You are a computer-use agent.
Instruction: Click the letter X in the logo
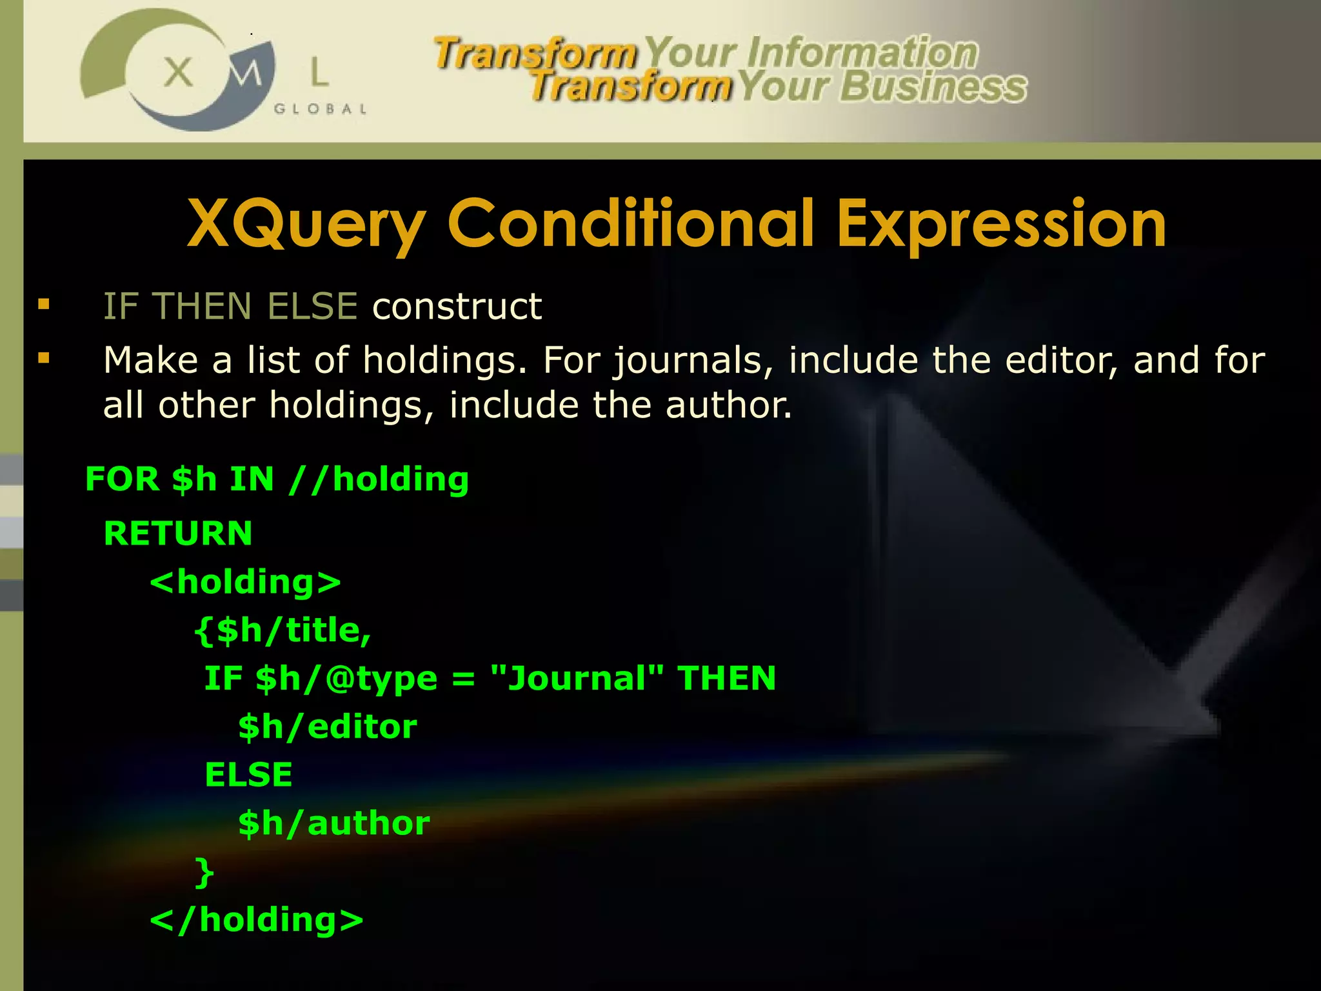pyautogui.click(x=178, y=72)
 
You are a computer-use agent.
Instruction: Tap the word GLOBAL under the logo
pyautogui.click(x=320, y=109)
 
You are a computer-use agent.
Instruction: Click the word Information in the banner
pyautogui.click(x=862, y=53)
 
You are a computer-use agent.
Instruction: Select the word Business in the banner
pyautogui.click(x=933, y=87)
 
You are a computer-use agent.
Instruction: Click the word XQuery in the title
pyautogui.click(x=306, y=225)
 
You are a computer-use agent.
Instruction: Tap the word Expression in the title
pyautogui.click(x=1001, y=225)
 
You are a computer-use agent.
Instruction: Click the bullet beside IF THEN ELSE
pyautogui.click(x=44, y=304)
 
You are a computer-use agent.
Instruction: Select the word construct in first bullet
pyautogui.click(x=457, y=306)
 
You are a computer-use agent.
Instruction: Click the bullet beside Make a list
pyautogui.click(x=44, y=358)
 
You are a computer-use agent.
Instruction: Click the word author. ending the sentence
pyautogui.click(x=728, y=405)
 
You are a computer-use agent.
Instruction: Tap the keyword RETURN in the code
pyautogui.click(x=178, y=534)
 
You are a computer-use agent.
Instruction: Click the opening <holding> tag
pyautogui.click(x=245, y=582)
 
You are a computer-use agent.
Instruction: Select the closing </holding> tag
pyautogui.click(x=257, y=920)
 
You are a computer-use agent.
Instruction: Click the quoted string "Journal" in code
pyautogui.click(x=577, y=678)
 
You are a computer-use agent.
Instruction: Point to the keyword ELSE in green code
pyautogui.click(x=248, y=774)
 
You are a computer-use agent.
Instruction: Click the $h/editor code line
pyautogui.click(x=327, y=727)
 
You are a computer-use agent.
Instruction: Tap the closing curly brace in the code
pyautogui.click(x=204, y=872)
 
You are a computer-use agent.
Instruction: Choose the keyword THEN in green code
pyautogui.click(x=726, y=678)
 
